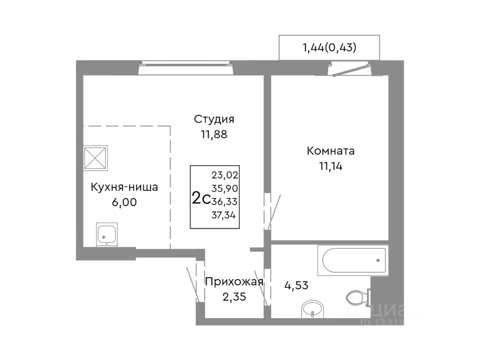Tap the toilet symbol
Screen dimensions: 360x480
pos(356,298)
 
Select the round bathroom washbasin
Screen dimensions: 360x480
pos(312,309)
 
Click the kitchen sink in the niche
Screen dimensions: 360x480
pos(107,234)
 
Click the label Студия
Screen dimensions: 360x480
pos(214,119)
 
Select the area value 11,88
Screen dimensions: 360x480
pos(214,134)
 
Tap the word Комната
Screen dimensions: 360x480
pos(331,151)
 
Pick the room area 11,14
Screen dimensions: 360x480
pos(331,166)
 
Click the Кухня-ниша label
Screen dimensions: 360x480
pos(124,187)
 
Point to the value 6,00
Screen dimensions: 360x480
pos(124,202)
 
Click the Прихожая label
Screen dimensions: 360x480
pos(234,282)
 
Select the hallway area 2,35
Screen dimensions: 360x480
pos(234,297)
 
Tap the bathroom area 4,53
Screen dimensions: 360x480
pos(296,285)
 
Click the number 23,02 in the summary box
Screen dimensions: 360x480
pos(225,175)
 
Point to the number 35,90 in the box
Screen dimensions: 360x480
pos(225,188)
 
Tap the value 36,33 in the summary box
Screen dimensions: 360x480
pos(225,202)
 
